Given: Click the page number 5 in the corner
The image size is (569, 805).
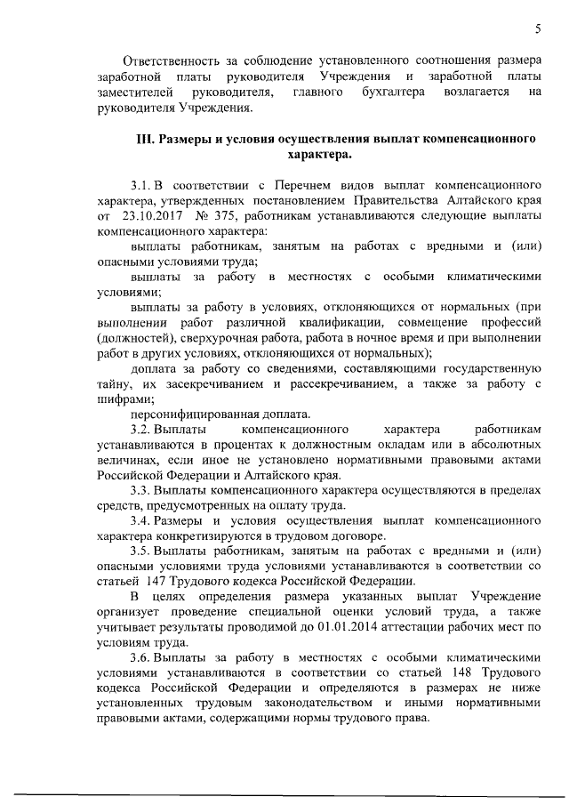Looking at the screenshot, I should tap(538, 29).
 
